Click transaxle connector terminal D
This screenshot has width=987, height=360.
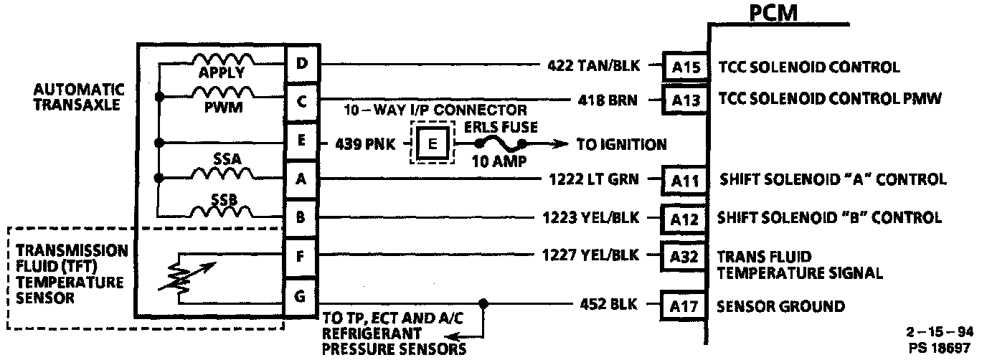click(x=301, y=64)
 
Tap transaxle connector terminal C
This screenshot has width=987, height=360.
click(x=301, y=100)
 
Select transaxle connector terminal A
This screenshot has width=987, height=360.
click(x=301, y=179)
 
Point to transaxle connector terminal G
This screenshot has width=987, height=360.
click(x=301, y=295)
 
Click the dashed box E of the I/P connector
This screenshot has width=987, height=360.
click(x=432, y=143)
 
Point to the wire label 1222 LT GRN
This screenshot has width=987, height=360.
click(x=592, y=179)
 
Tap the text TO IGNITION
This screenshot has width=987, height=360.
click(x=621, y=144)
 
